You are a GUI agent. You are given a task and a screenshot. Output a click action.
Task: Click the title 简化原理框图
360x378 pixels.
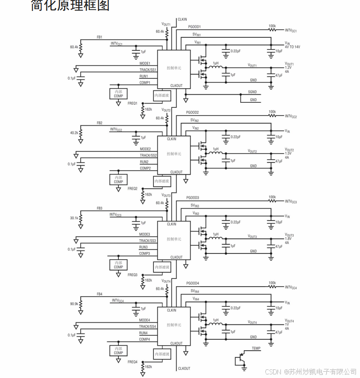click(x=70, y=6)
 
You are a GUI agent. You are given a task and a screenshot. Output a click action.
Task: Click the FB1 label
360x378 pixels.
click(x=99, y=37)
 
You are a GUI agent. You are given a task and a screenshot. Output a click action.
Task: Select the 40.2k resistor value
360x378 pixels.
click(x=74, y=133)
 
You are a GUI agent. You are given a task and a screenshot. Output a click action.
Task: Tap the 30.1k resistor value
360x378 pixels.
click(x=74, y=218)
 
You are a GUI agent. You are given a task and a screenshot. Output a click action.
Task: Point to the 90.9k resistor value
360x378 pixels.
click(x=74, y=303)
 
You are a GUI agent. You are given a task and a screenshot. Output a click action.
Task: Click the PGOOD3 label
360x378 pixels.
click(x=193, y=198)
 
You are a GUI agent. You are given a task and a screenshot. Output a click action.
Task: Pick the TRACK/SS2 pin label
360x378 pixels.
click(x=148, y=156)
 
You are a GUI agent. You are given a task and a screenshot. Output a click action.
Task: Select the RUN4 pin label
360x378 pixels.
click(x=143, y=333)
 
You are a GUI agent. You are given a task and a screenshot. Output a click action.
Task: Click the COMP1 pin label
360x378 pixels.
click(x=145, y=82)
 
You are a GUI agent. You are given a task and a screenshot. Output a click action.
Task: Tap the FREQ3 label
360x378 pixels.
click(x=132, y=275)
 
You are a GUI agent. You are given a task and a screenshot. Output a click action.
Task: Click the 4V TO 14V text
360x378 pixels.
click(x=293, y=47)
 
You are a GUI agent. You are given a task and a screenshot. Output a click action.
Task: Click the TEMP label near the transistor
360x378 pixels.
click(x=256, y=348)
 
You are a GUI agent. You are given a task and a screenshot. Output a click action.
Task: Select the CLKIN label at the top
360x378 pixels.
click(x=182, y=20)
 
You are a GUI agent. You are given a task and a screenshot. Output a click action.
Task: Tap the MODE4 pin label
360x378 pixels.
click(x=145, y=320)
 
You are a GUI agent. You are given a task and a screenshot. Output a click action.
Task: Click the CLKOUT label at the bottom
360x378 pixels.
click(x=184, y=368)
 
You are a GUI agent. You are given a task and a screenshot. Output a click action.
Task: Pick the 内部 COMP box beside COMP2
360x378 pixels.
click(x=118, y=179)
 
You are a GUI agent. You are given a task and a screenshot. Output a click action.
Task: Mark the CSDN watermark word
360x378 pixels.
click(x=272, y=372)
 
